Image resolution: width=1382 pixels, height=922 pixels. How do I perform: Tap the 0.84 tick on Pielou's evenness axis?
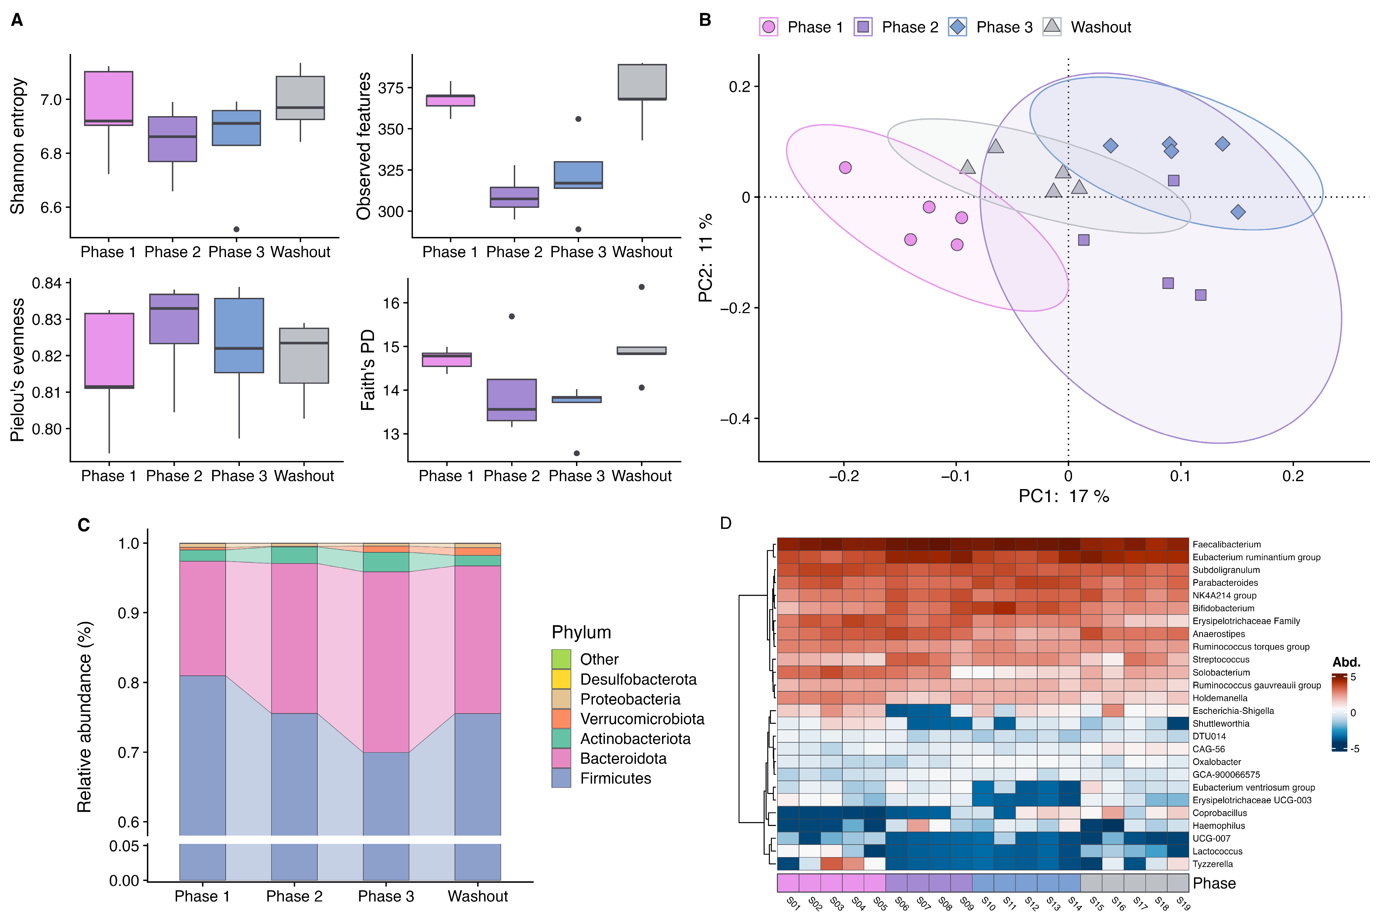coord(47,283)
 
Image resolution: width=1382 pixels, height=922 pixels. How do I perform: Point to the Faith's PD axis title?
coord(367,370)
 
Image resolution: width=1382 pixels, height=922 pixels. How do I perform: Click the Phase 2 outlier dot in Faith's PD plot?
coord(512,316)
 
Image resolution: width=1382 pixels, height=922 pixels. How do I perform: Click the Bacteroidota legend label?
coord(623,759)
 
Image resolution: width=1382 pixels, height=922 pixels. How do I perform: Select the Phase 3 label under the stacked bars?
coord(386,896)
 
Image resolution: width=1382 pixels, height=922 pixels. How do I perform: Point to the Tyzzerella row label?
coord(1212,864)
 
